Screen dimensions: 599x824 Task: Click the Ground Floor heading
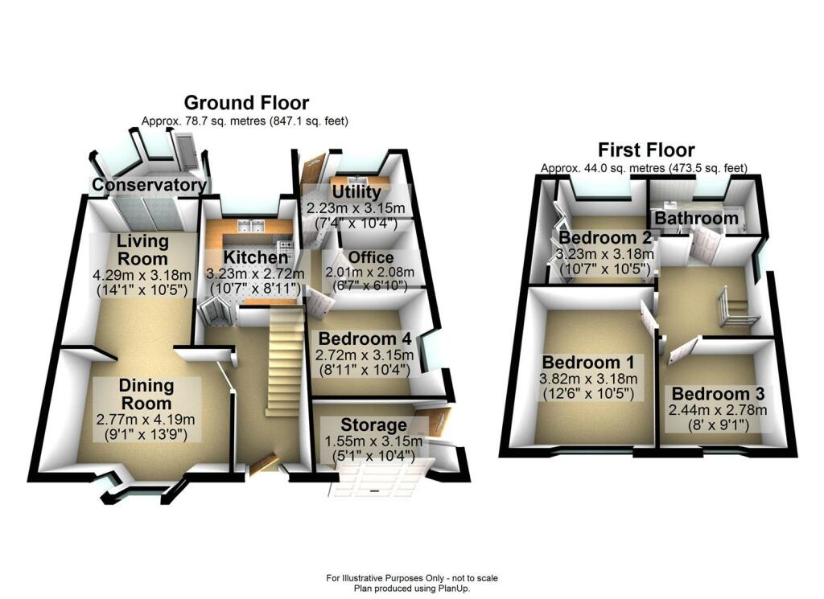point(246,103)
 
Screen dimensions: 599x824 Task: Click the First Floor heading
point(646,150)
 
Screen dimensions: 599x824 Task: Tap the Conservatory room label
point(148,186)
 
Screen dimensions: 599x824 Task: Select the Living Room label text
point(142,249)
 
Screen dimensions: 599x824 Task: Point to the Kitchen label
point(255,257)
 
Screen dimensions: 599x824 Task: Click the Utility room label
point(356,193)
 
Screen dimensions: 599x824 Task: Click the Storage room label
point(373,425)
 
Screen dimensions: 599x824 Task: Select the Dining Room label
point(146,395)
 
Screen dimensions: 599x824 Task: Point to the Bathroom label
point(696,218)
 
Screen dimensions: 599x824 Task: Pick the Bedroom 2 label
point(605,238)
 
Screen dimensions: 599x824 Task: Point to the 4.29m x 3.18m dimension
point(142,274)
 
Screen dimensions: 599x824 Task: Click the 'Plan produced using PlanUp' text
point(411,588)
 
